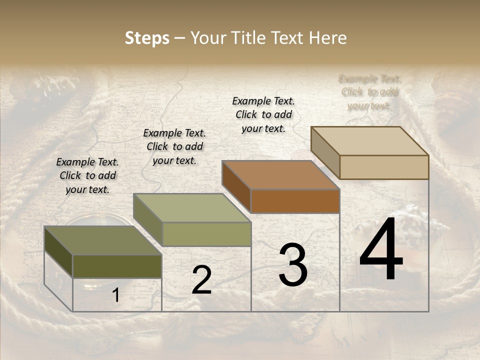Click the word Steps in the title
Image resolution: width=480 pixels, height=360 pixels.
[x=147, y=38]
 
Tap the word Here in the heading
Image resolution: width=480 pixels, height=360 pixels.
[x=327, y=38]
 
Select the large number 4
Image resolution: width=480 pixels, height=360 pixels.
[x=381, y=250]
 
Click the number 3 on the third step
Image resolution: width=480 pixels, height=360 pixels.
[x=293, y=265]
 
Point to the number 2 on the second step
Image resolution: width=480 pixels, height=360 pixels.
[x=201, y=280]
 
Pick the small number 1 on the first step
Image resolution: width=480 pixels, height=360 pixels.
[x=115, y=295]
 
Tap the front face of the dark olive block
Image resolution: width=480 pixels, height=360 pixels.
[x=117, y=266]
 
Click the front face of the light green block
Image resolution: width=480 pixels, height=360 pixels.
[x=206, y=234]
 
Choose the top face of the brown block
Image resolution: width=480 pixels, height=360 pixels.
[x=280, y=175]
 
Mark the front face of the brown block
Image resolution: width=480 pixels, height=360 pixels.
[x=295, y=201]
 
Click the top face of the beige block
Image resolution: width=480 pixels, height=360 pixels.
[x=369, y=141]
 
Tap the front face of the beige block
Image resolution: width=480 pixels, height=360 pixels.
[x=384, y=167]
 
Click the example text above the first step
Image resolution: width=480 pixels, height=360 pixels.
[x=87, y=175]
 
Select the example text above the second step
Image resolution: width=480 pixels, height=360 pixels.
[x=174, y=146]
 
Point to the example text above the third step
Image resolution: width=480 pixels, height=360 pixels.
[x=263, y=114]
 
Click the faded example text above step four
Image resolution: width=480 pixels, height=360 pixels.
[x=369, y=92]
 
